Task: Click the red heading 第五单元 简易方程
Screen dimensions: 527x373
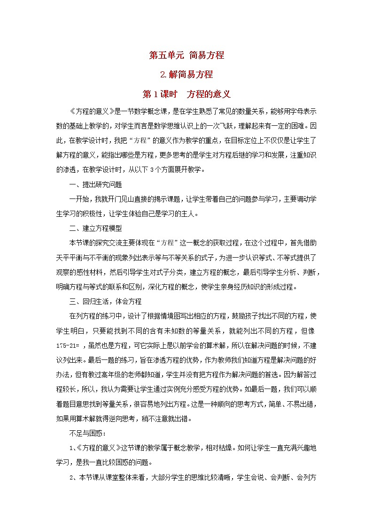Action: (x=186, y=55)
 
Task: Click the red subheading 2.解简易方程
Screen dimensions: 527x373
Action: (x=186, y=74)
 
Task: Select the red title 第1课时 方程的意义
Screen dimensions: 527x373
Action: (x=186, y=94)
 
